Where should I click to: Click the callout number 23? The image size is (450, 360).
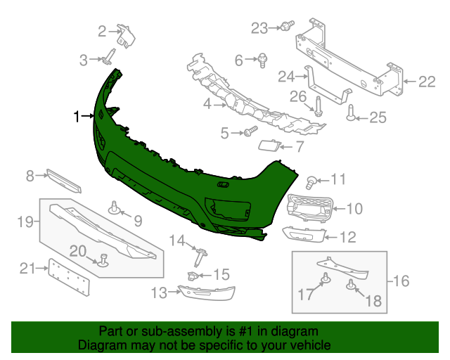point(259,28)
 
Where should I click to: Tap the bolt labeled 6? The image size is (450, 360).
point(262,60)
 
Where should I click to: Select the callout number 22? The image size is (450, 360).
point(427,82)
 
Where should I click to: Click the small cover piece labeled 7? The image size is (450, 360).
point(269,146)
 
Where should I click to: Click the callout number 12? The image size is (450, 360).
point(347,238)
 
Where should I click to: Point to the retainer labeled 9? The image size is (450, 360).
point(113,207)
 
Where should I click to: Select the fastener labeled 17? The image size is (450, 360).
point(326,281)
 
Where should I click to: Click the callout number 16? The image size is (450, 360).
point(401,281)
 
